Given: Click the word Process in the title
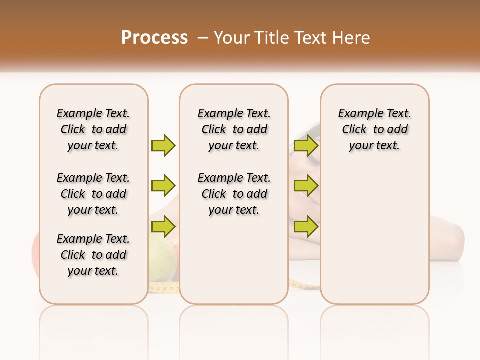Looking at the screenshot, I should pyautogui.click(x=154, y=37).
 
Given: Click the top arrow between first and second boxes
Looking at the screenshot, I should pyautogui.click(x=163, y=145).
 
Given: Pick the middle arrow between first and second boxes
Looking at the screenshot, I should pyautogui.click(x=163, y=186).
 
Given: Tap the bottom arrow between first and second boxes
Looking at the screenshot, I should pyautogui.click(x=163, y=227).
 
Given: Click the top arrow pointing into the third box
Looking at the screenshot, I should pyautogui.click(x=306, y=145).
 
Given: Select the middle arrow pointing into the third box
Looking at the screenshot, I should pyautogui.click(x=306, y=186).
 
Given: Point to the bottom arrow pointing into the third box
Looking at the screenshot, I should pyautogui.click(x=306, y=227).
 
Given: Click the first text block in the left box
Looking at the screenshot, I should pyautogui.click(x=93, y=129).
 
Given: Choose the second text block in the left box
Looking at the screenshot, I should pyautogui.click(x=93, y=194).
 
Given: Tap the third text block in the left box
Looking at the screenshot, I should pyautogui.click(x=93, y=255).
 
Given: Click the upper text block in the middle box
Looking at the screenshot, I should pyautogui.click(x=234, y=129).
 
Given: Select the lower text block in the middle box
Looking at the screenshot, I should pyautogui.click(x=234, y=194).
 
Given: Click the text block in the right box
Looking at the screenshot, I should pyautogui.click(x=374, y=129).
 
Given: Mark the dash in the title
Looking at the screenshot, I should pyautogui.click(x=203, y=38).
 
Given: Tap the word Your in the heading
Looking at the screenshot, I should pyautogui.click(x=231, y=38).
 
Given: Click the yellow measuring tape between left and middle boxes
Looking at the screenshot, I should pyautogui.click(x=164, y=287).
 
